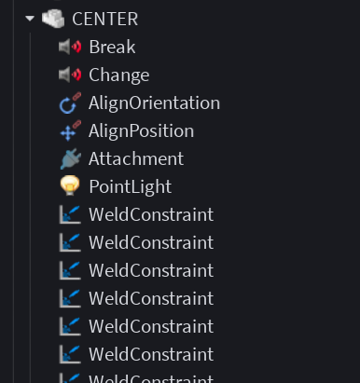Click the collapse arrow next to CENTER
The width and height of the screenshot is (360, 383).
[30, 19]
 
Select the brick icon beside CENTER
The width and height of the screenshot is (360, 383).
[53, 19]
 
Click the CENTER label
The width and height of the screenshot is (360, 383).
[105, 19]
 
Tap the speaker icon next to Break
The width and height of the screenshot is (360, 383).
[70, 47]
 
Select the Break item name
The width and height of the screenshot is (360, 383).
[112, 47]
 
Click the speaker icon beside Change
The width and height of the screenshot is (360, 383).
[70, 75]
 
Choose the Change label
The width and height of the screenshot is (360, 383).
[119, 75]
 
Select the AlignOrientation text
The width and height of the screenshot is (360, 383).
[154, 103]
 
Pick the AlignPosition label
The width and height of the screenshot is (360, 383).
[142, 131]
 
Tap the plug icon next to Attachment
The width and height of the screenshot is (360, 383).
[71, 158]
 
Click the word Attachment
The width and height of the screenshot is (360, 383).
[136, 158]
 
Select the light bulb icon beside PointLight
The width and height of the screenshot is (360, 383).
[70, 185]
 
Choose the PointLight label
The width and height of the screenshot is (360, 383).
[131, 187]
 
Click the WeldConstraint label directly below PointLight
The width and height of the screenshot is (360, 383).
[151, 214]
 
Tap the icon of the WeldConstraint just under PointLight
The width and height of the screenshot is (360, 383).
[70, 214]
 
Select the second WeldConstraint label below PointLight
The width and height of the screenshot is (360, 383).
[151, 242]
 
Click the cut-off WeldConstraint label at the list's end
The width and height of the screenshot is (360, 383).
[151, 379]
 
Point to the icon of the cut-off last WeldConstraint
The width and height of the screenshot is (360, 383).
[70, 378]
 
